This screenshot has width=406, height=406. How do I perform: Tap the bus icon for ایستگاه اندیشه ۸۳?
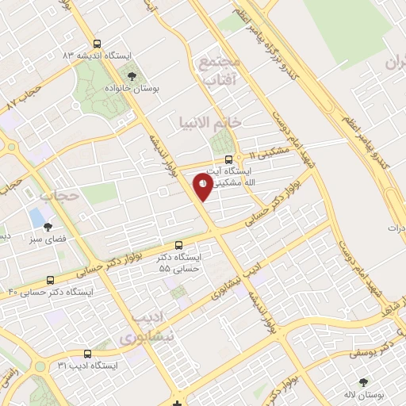[97, 44]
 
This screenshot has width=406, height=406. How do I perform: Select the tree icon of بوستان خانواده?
[132, 76]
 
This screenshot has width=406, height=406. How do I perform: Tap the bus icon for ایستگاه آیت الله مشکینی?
[229, 158]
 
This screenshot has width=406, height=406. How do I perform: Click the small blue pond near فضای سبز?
[36, 216]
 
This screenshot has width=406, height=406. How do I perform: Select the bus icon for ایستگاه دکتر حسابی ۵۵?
[178, 245]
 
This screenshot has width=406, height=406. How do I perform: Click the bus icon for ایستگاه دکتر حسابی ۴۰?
[51, 280]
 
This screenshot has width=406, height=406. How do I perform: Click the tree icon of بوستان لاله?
[365, 381]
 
